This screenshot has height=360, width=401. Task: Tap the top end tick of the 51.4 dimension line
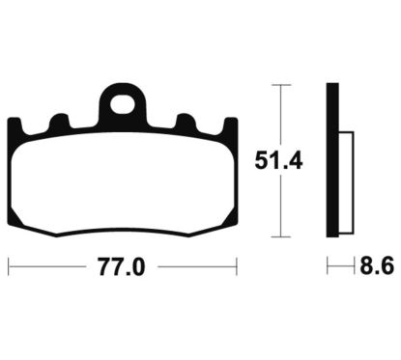pos(280,85)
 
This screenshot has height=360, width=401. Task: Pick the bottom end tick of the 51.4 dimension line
pos(280,236)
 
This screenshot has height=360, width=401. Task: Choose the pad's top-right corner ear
pos(231,125)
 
